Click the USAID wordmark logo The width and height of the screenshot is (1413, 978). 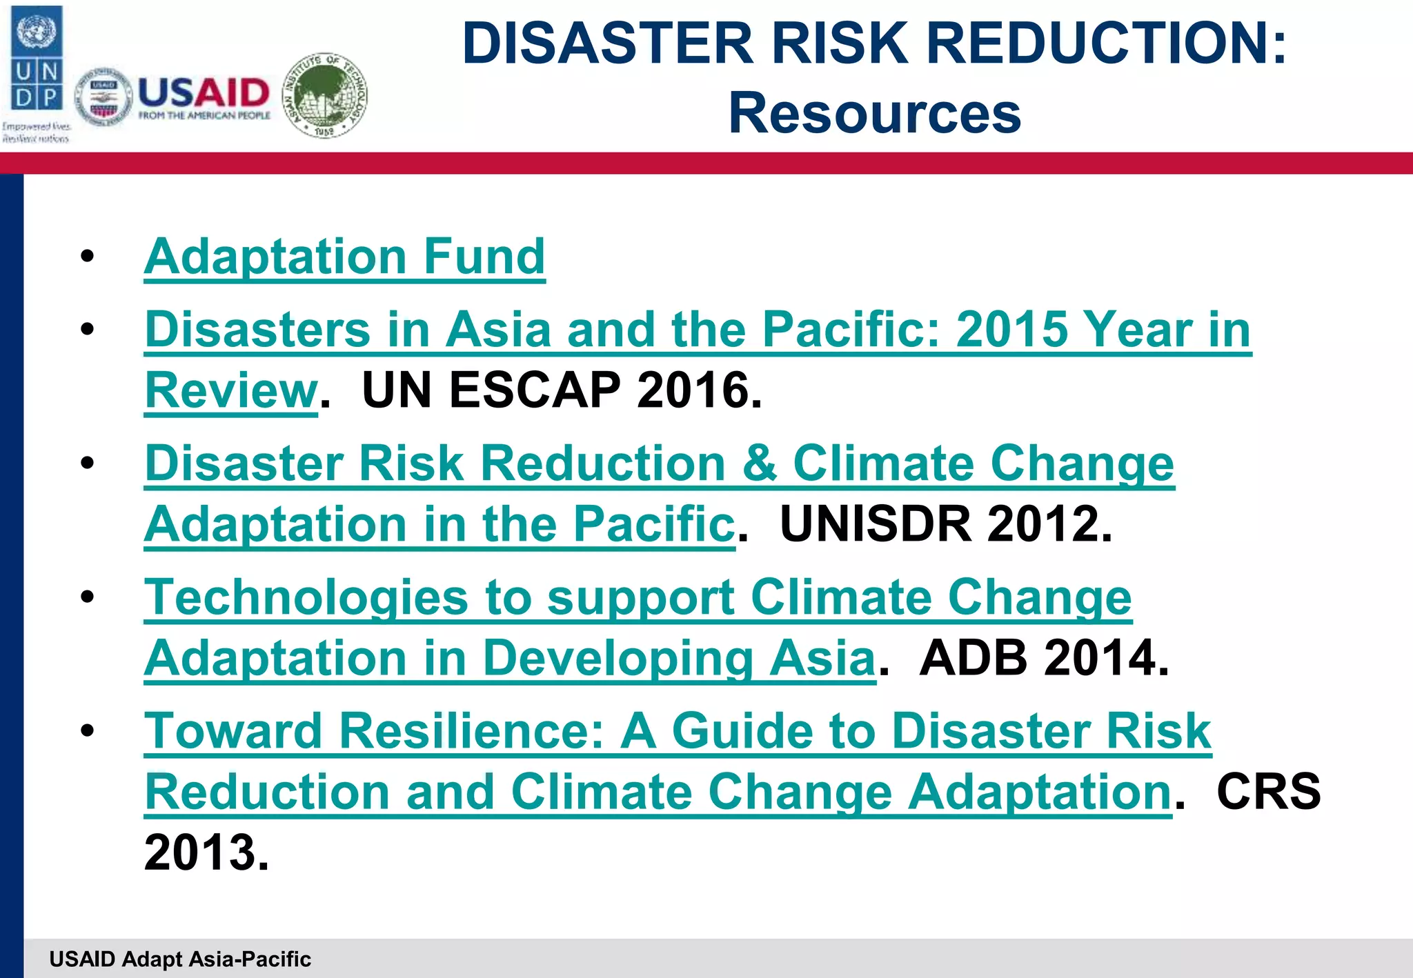(204, 97)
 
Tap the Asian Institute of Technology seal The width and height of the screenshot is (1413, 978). (326, 95)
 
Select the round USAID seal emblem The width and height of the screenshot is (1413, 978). (103, 97)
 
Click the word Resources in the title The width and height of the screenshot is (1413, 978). (874, 113)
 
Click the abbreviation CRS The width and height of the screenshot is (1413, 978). (1268, 791)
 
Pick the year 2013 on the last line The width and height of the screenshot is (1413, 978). (205, 852)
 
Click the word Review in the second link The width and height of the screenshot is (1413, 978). (230, 390)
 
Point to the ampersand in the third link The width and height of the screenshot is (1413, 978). (759, 463)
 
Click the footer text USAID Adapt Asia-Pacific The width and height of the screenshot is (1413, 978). (180, 959)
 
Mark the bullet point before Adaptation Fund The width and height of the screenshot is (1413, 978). (87, 257)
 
